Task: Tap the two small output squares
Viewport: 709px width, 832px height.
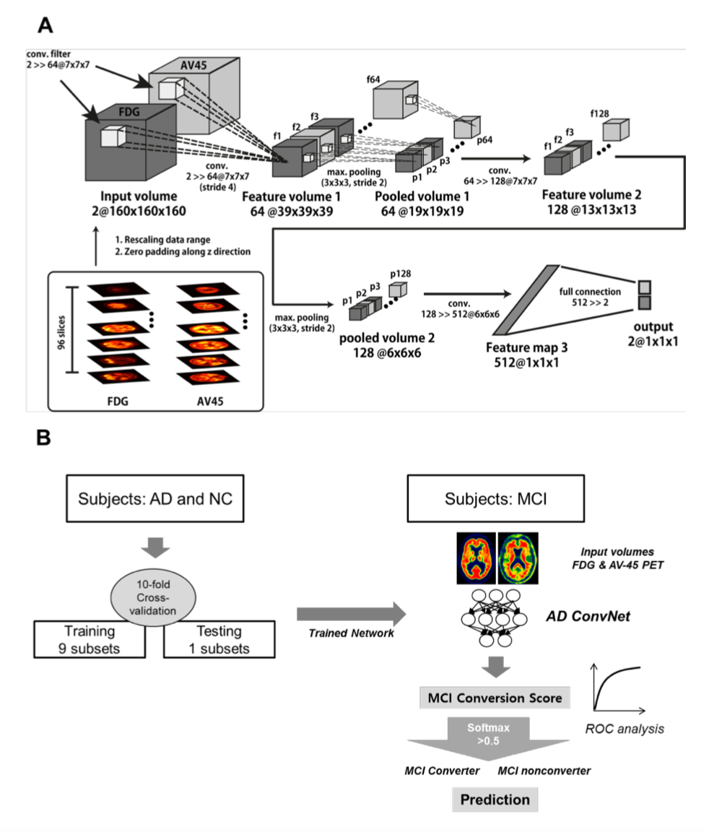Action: point(645,293)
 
